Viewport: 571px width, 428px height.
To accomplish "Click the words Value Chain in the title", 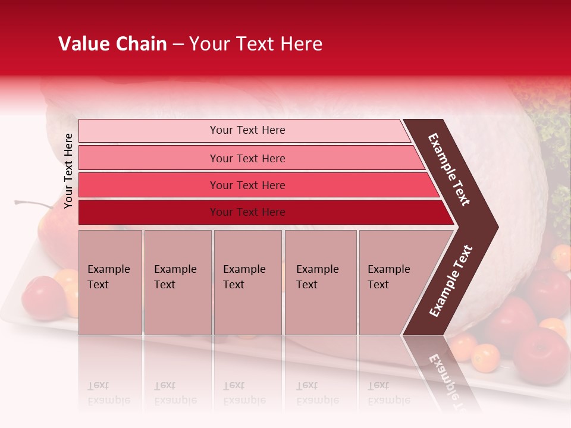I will (x=112, y=44).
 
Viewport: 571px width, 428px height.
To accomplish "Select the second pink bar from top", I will (x=247, y=158).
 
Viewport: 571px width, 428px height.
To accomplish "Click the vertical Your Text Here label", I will (x=68, y=171).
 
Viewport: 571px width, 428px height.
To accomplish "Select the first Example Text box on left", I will (x=110, y=282).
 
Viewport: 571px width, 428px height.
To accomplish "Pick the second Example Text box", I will (x=177, y=282).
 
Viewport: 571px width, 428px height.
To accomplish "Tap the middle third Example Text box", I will (x=247, y=282).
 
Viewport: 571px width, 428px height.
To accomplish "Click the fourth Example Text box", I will (x=320, y=282).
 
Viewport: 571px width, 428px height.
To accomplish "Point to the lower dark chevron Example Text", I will (x=450, y=281).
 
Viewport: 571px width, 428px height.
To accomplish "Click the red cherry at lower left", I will (x=43, y=297).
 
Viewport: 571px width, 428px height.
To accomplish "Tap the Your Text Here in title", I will (x=255, y=44).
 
